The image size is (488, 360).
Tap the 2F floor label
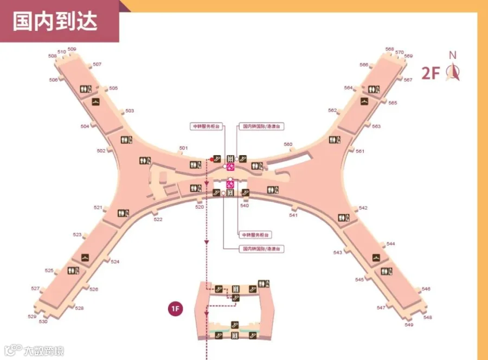(x=431, y=73)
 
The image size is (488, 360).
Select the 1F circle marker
(x=175, y=310)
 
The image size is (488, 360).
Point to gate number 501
(x=183, y=148)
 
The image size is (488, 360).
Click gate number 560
(x=288, y=144)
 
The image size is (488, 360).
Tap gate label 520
(x=199, y=207)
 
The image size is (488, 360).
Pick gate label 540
(x=245, y=205)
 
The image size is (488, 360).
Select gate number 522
(x=158, y=219)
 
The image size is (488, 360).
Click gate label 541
(x=293, y=215)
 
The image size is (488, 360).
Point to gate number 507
(x=97, y=65)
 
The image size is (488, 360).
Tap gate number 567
(x=408, y=80)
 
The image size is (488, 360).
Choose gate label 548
(x=428, y=317)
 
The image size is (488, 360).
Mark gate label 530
(x=43, y=322)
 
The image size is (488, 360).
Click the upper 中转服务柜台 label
(x=206, y=126)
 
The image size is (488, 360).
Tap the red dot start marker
(x=211, y=159)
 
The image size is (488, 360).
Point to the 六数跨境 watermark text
(x=43, y=351)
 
